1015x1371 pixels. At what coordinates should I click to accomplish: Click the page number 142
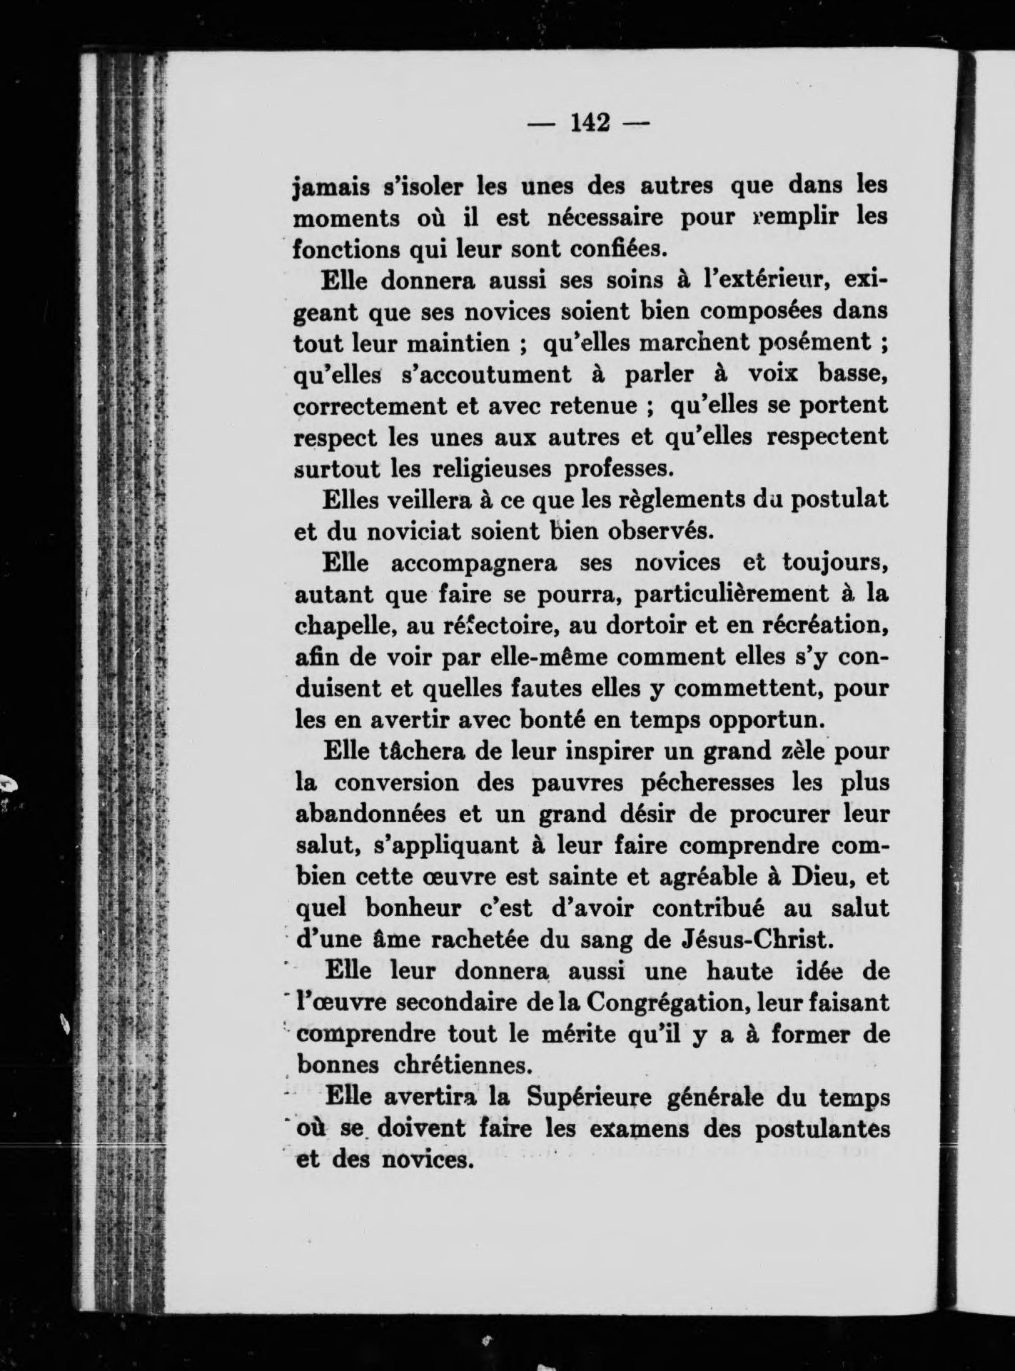coord(590,124)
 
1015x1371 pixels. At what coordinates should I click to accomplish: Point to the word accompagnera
coord(473,563)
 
